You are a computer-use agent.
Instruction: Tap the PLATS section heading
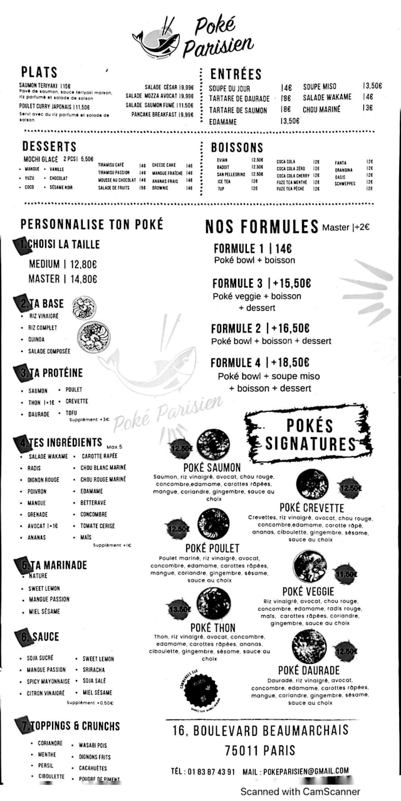pyautogui.click(x=39, y=72)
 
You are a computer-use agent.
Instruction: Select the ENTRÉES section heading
pyautogui.click(x=236, y=74)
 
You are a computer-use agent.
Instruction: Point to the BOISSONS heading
pyautogui.click(x=237, y=148)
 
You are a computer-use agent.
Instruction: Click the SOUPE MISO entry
pyautogui.click(x=320, y=86)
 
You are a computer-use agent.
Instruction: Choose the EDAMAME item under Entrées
pyautogui.click(x=223, y=122)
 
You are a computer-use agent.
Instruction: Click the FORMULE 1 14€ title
pyautogui.click(x=253, y=248)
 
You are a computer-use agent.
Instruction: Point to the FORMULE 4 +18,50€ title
pyautogui.click(x=260, y=363)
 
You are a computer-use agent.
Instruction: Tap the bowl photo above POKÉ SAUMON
pyautogui.click(x=213, y=444)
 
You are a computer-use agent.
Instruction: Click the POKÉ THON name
pyautogui.click(x=212, y=628)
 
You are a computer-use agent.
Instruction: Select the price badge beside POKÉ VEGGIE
pyautogui.click(x=345, y=573)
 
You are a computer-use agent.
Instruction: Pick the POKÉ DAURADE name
pyautogui.click(x=309, y=670)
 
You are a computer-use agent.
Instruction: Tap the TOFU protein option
pyautogui.click(x=71, y=413)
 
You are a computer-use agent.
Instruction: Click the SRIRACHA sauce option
pyautogui.click(x=93, y=669)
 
